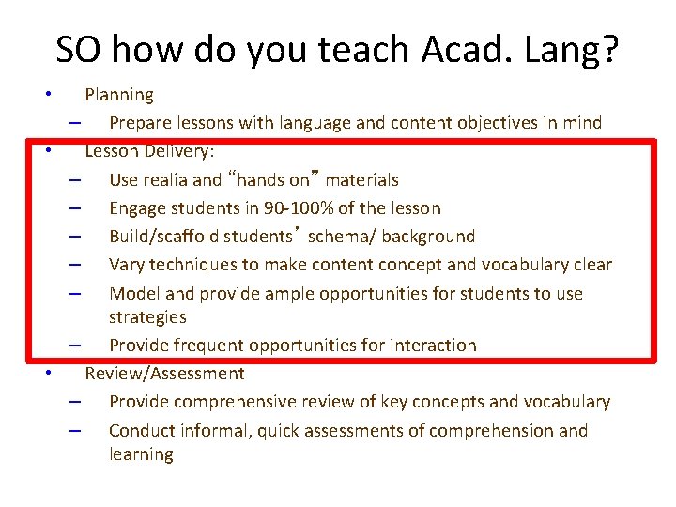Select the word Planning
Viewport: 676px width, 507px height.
coord(119,95)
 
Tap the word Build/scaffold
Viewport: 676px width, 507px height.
coord(172,236)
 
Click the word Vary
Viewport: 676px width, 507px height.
coord(127,265)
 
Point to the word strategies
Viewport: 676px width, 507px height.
coord(147,317)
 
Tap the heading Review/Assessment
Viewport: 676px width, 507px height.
coord(164,374)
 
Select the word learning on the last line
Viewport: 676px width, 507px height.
coord(141,454)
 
